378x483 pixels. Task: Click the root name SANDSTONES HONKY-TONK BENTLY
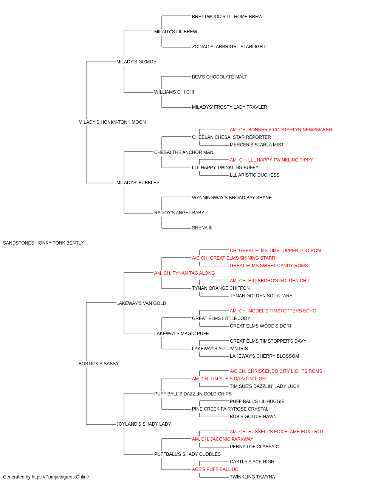click(x=43, y=243)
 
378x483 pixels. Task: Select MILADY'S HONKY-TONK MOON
click(x=112, y=122)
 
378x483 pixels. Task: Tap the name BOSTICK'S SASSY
click(x=98, y=364)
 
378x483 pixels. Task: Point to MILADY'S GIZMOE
click(x=136, y=62)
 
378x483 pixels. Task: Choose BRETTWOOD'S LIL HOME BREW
click(x=227, y=17)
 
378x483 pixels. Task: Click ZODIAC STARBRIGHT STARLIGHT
click(x=229, y=47)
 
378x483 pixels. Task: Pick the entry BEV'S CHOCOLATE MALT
click(x=219, y=77)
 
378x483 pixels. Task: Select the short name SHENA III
click(x=202, y=228)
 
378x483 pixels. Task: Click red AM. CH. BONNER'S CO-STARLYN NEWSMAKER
click(x=281, y=130)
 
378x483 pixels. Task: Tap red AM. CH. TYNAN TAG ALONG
click(x=184, y=273)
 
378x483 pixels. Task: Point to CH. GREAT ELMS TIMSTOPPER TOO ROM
click(x=275, y=251)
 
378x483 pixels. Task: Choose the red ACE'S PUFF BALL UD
click(x=215, y=469)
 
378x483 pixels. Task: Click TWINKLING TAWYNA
click(x=252, y=477)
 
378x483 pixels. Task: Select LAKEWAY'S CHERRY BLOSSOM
click(x=264, y=356)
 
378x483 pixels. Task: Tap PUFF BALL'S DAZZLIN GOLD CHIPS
click(x=193, y=394)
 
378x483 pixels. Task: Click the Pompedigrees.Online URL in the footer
click(x=60, y=477)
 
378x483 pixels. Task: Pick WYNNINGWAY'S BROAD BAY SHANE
click(x=232, y=198)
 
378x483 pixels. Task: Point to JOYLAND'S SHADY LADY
click(x=144, y=424)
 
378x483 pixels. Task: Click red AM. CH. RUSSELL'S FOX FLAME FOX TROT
click(x=277, y=432)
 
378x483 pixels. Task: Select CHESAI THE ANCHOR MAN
click(x=184, y=152)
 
